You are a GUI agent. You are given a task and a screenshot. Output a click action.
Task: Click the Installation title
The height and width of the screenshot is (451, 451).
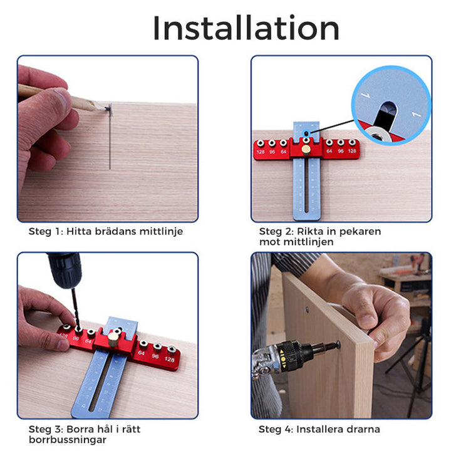(x=246, y=28)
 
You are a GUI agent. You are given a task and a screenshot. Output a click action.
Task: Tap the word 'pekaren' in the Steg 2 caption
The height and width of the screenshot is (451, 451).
(x=360, y=232)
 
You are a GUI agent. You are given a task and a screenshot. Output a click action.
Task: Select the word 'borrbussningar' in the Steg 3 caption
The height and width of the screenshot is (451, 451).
(x=68, y=440)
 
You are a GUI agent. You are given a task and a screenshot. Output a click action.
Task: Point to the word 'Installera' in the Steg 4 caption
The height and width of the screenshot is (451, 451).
(x=319, y=429)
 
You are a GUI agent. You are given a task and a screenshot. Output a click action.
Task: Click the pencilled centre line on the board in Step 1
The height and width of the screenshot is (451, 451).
(x=110, y=137)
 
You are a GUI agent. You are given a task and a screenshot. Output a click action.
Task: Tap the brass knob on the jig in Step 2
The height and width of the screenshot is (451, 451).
(x=306, y=149)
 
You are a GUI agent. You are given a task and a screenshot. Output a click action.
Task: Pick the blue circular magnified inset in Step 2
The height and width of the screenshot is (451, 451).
(x=391, y=105)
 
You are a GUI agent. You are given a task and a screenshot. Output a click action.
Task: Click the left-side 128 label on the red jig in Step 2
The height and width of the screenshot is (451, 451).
(x=261, y=152)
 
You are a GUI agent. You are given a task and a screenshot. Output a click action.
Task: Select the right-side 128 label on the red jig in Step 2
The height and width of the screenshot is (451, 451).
(x=352, y=151)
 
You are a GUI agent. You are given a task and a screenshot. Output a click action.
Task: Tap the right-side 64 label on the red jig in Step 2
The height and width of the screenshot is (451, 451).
(x=329, y=151)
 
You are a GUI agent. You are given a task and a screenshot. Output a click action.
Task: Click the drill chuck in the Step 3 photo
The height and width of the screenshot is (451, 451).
(x=66, y=270)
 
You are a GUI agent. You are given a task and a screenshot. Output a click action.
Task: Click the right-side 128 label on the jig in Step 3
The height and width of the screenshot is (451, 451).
(x=170, y=360)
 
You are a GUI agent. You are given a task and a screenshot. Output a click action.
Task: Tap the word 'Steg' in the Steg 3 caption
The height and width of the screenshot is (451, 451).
(x=39, y=430)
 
